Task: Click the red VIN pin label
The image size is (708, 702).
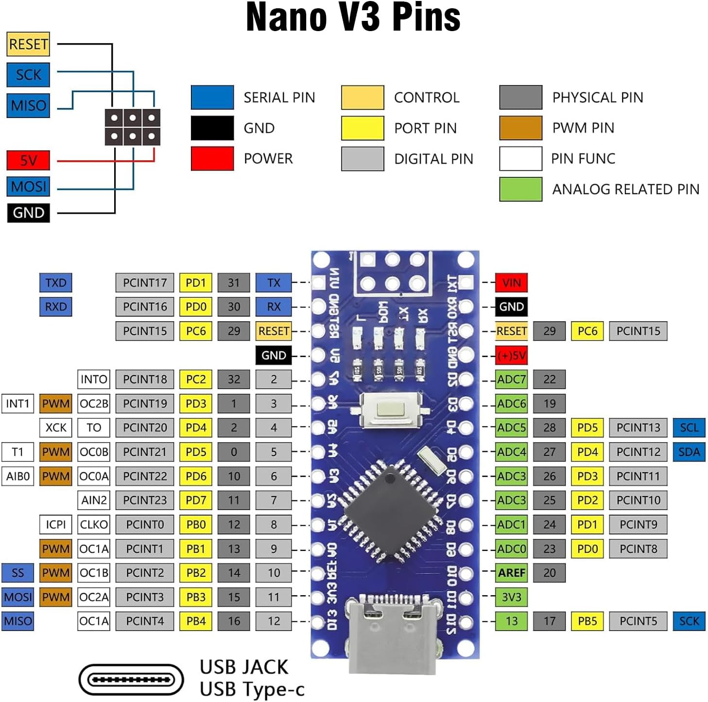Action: [511, 283]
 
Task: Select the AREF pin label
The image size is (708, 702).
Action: [511, 573]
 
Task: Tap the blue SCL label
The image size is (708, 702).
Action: [689, 428]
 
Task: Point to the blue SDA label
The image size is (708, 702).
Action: [689, 452]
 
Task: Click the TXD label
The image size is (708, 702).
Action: [55, 283]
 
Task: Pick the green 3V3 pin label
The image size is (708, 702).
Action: [511, 597]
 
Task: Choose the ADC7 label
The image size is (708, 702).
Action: [511, 379]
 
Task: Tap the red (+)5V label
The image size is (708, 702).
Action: [511, 355]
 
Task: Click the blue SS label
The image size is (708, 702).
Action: [17, 573]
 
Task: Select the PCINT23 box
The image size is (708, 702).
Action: [144, 500]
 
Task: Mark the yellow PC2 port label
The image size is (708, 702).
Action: [196, 379]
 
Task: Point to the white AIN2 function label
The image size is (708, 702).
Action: [94, 500]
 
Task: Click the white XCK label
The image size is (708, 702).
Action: [55, 428]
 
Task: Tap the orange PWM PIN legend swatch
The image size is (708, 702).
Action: [520, 128]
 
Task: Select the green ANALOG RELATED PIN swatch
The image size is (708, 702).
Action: [520, 189]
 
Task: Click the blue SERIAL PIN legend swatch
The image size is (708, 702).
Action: [212, 97]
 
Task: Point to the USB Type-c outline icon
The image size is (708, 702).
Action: [131, 680]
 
